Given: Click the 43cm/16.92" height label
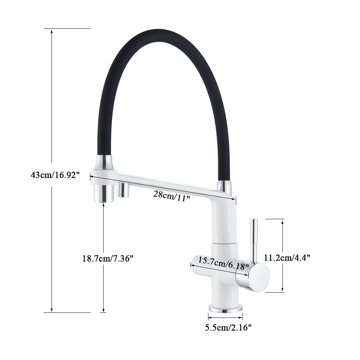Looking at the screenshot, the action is coord(55,175).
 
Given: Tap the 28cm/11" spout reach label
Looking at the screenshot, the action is coord(172,196).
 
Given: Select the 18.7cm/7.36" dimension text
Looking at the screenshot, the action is coord(108,258).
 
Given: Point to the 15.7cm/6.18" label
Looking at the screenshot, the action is coord(223,263).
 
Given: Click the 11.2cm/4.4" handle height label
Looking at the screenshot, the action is coord(287,258).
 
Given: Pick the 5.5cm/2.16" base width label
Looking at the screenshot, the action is coord(228,327).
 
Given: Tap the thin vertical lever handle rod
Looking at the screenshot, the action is coord(254,240).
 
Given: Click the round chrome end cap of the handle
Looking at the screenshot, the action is coord(259,277).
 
